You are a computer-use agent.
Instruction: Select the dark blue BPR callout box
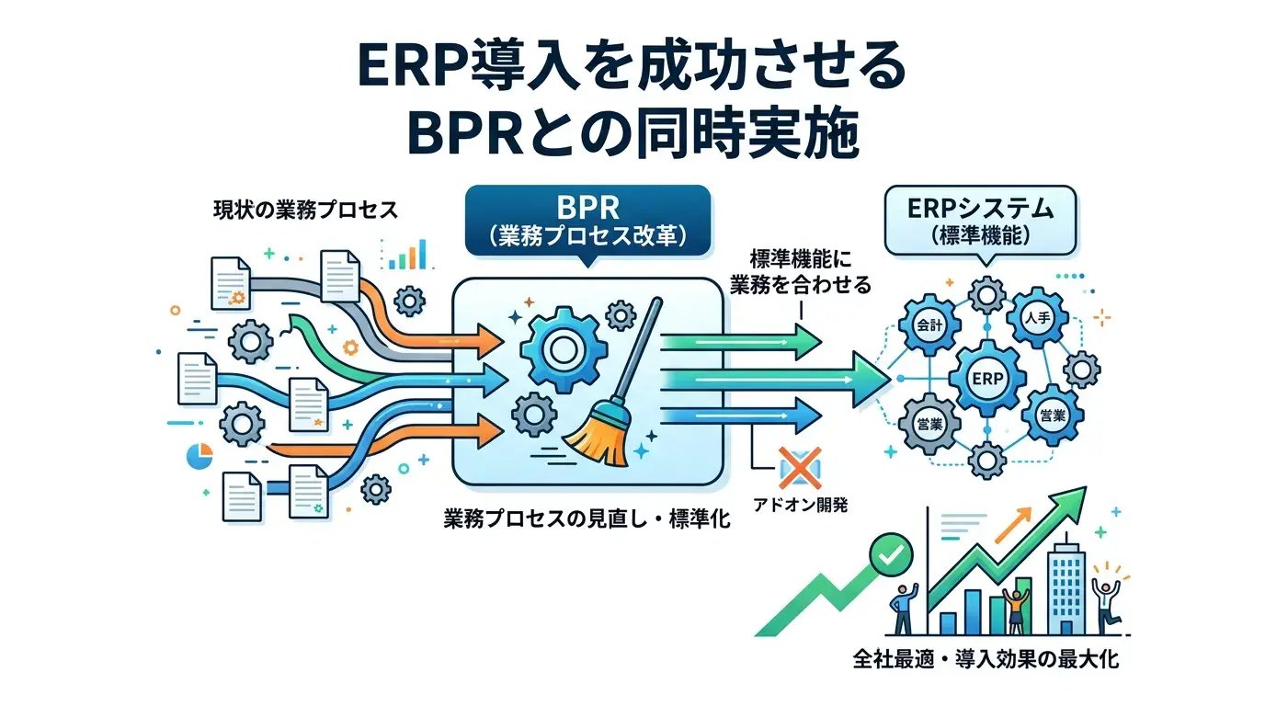pyautogui.click(x=587, y=221)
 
